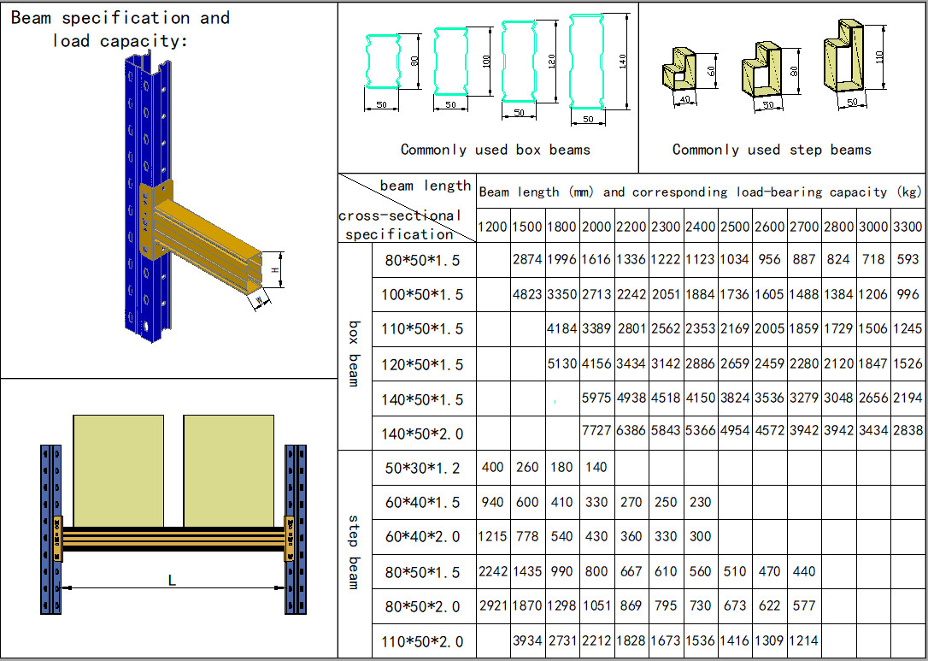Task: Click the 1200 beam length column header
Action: pyautogui.click(x=492, y=227)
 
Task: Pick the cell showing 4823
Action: pyautogui.click(x=527, y=295)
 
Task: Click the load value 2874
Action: pyautogui.click(x=527, y=260)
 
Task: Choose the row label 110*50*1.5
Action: pyautogui.click(x=422, y=329)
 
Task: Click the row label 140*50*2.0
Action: pyautogui.click(x=422, y=434)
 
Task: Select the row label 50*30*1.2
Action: pyautogui.click(x=422, y=468)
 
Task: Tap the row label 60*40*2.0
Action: pyautogui.click(x=422, y=537)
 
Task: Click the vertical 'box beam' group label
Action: pyautogui.click(x=354, y=354)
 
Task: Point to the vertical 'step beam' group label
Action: pyautogui.click(x=354, y=552)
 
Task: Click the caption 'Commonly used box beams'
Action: pyautogui.click(x=496, y=150)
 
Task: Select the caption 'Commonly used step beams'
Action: pyautogui.click(x=772, y=150)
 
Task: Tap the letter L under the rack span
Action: pyautogui.click(x=172, y=581)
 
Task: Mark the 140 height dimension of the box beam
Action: pyautogui.click(x=623, y=62)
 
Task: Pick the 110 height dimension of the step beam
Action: pyautogui.click(x=879, y=56)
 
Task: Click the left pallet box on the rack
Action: pyautogui.click(x=118, y=470)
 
